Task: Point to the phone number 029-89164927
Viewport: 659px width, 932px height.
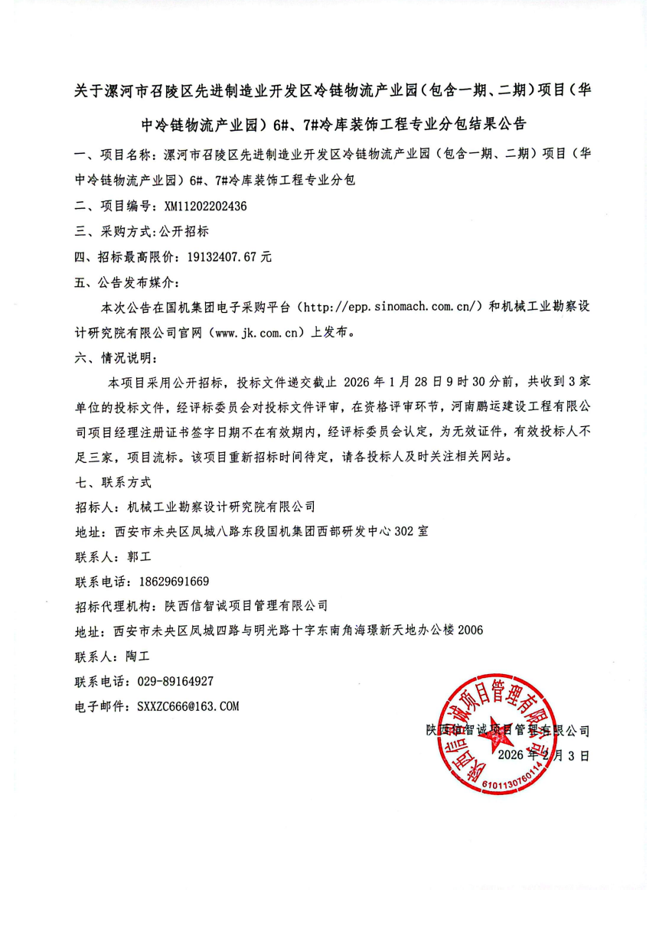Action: [175, 681]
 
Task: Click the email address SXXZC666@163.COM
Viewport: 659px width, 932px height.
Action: [188, 706]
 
